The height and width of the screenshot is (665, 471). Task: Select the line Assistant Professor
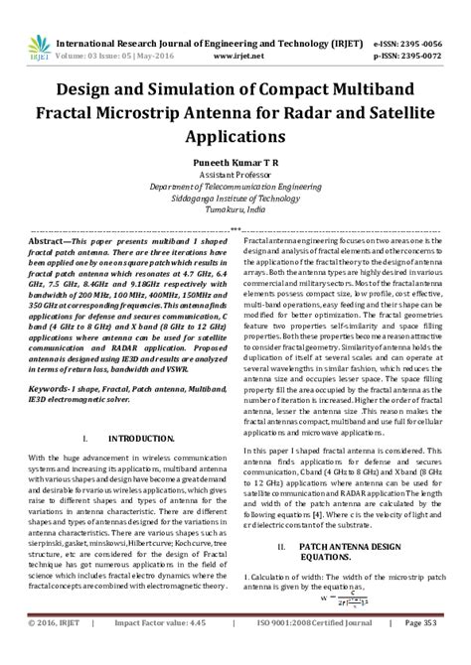(235, 172)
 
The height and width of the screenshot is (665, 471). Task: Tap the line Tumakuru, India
(235, 210)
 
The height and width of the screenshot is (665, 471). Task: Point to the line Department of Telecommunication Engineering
(235, 185)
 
